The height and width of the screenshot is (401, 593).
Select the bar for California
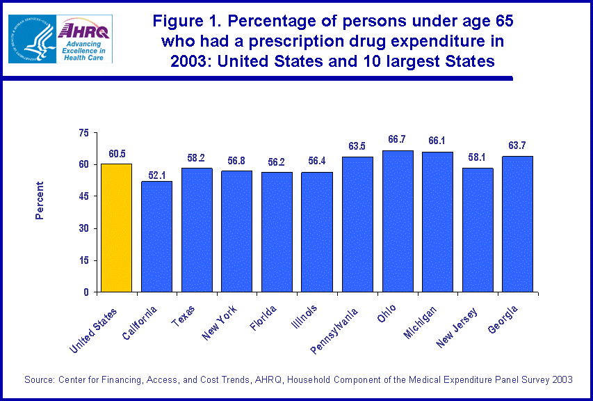[156, 236]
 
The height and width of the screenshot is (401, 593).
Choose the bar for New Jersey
[478, 230]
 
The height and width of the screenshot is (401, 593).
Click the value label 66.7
[398, 140]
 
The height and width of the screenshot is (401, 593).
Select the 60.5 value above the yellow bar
[116, 153]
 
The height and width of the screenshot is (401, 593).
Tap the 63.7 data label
[517, 146]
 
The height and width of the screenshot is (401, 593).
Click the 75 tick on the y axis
[84, 132]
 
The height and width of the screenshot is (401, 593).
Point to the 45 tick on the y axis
[84, 196]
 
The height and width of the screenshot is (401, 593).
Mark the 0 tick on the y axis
[87, 292]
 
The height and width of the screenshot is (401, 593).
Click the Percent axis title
[40, 200]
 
